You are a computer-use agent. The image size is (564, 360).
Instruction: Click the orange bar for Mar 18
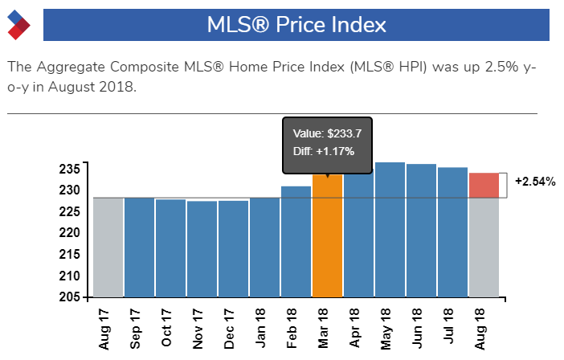[x=327, y=241]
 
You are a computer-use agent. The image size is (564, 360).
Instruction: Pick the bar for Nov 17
[x=202, y=248]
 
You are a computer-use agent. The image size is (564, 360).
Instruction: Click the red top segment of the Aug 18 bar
[x=484, y=185]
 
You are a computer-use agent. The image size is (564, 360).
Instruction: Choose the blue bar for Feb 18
[x=296, y=241]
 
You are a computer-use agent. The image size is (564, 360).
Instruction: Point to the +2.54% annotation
[x=535, y=182]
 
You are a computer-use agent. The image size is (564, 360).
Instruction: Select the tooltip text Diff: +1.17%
[x=325, y=150]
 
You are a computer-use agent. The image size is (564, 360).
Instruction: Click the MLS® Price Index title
[x=296, y=25]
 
